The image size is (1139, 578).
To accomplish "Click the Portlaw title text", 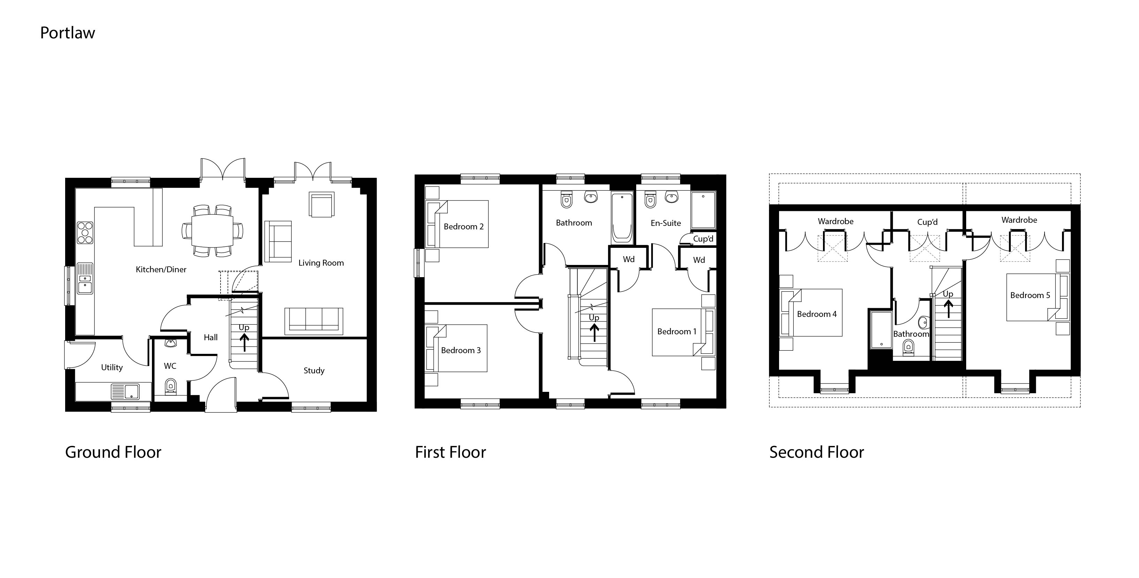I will click(x=67, y=33).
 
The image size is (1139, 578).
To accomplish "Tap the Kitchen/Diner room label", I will click(x=161, y=269).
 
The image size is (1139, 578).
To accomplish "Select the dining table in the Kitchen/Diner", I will click(x=212, y=230).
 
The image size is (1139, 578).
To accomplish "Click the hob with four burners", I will click(x=85, y=233).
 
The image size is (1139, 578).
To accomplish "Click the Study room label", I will click(x=314, y=371).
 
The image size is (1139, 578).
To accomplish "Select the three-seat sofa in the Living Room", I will click(x=314, y=320).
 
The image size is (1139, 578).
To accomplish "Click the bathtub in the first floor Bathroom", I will click(x=622, y=218).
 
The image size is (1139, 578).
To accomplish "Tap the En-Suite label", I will click(x=665, y=223).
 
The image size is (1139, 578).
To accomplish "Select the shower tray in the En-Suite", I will click(x=702, y=212).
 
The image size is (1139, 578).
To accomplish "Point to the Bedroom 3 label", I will click(x=461, y=350).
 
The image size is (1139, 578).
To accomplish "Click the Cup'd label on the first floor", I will click(x=703, y=239).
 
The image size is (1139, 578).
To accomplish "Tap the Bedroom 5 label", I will click(x=1030, y=295).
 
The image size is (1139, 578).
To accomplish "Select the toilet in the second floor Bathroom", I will click(x=909, y=348).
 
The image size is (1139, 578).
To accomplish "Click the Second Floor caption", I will click(x=816, y=452).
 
